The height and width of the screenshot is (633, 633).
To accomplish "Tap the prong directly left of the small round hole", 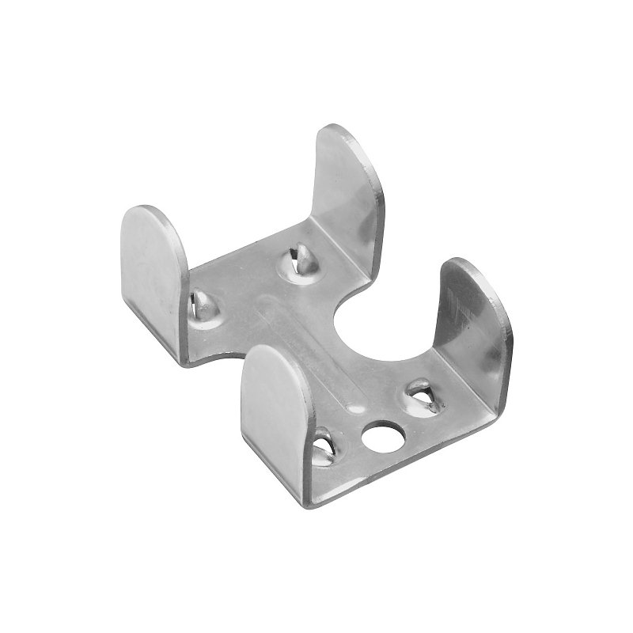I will [x=325, y=445].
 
